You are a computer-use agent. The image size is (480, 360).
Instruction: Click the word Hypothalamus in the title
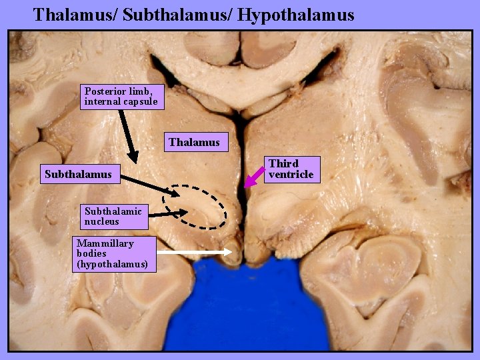tap(299, 14)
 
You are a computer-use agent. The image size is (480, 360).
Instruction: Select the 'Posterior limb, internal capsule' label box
tap(121, 97)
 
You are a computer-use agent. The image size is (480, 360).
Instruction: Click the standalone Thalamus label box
tap(194, 142)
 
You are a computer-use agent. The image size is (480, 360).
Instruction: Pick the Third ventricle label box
tap(292, 169)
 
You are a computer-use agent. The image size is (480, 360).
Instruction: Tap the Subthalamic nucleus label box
tap(113, 216)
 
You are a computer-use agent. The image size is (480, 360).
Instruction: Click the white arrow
tap(197, 252)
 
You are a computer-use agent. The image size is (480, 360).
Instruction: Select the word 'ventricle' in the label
tap(291, 175)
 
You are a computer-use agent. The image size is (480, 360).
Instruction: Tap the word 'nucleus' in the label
tap(102, 221)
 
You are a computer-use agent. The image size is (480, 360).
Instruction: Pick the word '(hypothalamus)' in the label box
tap(112, 264)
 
